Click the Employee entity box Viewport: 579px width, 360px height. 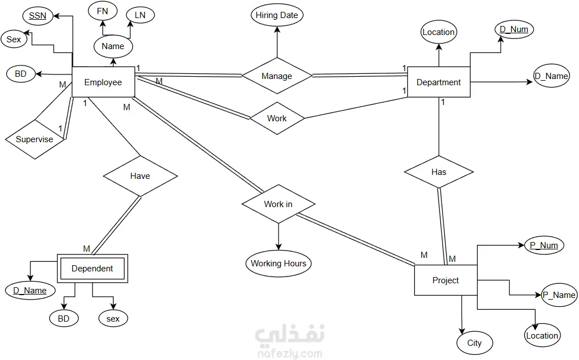(x=103, y=82)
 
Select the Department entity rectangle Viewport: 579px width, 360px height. (x=439, y=82)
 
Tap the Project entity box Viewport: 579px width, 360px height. (x=446, y=280)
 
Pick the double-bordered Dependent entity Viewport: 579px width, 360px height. (x=92, y=269)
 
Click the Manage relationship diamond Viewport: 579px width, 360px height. (x=277, y=76)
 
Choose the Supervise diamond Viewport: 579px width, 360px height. (x=35, y=139)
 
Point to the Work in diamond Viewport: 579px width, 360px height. (x=279, y=204)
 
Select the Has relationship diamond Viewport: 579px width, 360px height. (x=439, y=172)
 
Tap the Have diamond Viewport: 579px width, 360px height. (x=140, y=176)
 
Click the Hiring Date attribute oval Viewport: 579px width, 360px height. (x=277, y=15)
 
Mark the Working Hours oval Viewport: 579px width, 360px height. (x=279, y=264)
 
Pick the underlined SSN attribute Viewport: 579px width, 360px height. (x=38, y=16)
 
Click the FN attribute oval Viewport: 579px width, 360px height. (x=103, y=11)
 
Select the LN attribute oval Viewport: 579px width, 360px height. (x=140, y=15)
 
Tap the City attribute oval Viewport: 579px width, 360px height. (x=475, y=343)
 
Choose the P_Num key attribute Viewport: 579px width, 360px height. (x=544, y=245)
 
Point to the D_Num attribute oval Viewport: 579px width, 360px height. (x=514, y=29)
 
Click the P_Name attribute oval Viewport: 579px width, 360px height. (x=559, y=295)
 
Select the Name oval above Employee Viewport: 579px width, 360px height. (x=113, y=46)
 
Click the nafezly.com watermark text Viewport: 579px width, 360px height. (x=290, y=354)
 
